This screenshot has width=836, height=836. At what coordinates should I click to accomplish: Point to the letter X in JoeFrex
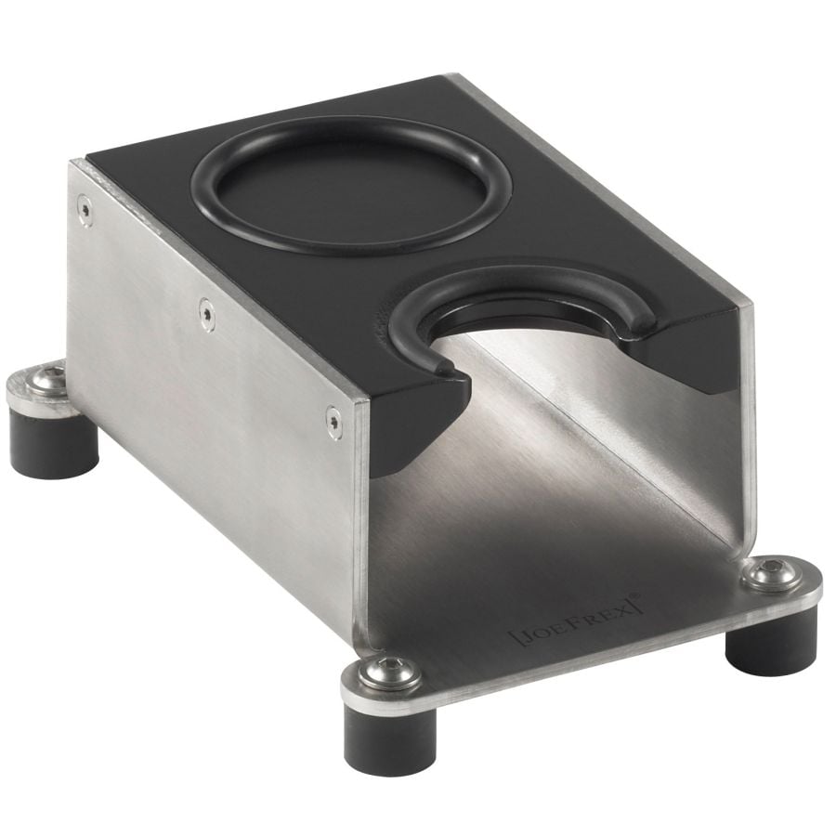(x=626, y=608)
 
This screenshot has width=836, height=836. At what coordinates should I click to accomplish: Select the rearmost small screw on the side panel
(x=85, y=210)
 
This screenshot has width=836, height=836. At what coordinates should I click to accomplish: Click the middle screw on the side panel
(x=207, y=315)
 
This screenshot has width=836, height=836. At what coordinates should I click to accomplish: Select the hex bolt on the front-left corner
(x=388, y=670)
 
